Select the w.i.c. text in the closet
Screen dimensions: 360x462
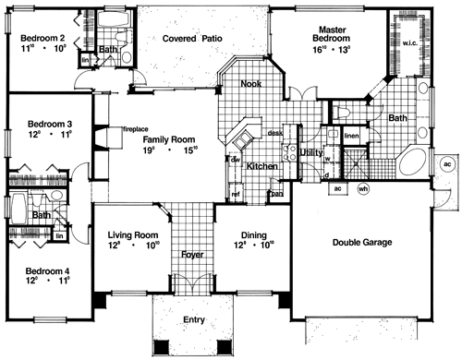pos(409,42)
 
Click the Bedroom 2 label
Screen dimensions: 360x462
pos(43,38)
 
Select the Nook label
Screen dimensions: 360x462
pos(249,84)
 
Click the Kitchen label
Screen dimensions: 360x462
pos(262,165)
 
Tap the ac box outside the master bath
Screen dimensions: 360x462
pos(446,163)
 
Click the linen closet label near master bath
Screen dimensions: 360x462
pos(351,137)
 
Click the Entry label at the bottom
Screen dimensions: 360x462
pos(193,319)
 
